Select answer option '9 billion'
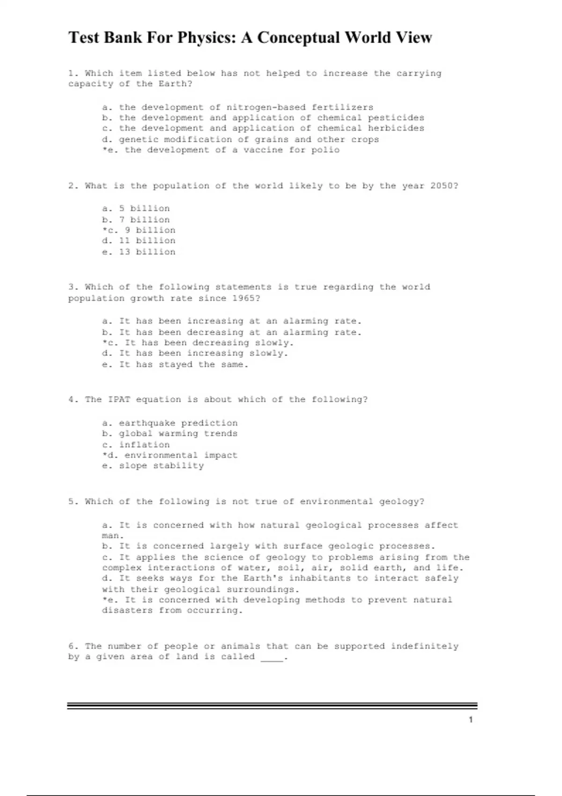150,230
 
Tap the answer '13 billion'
147,252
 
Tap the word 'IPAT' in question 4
119,399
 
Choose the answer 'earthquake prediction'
178,423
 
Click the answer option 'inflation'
144,445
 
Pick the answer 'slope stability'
161,466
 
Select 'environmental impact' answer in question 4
181,455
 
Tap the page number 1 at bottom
471,720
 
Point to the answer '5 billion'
144,208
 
